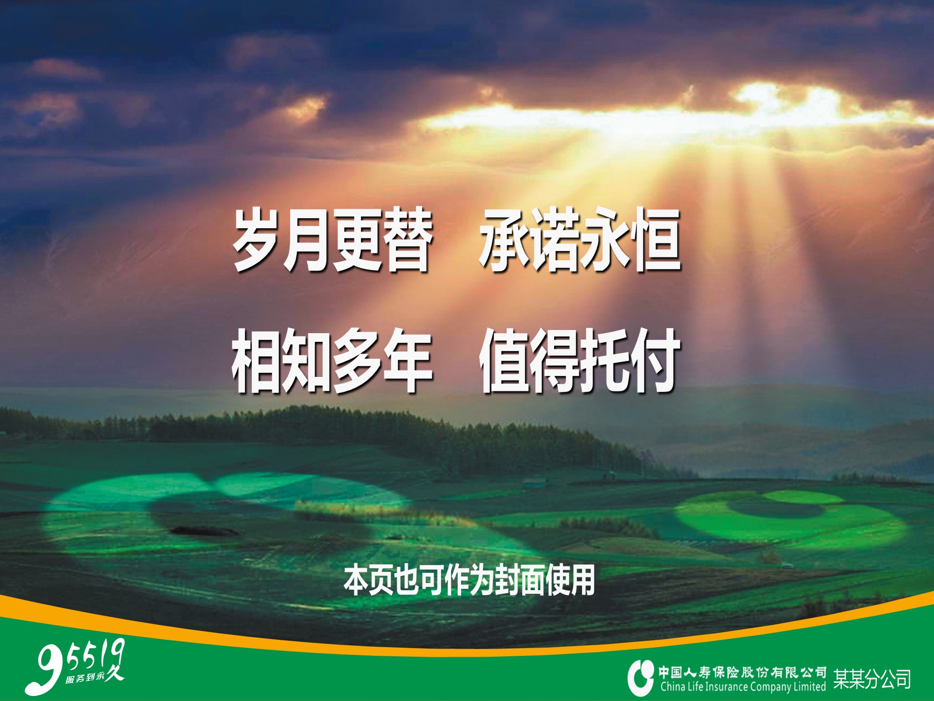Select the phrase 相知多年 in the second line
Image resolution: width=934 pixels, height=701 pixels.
pyautogui.click(x=332, y=361)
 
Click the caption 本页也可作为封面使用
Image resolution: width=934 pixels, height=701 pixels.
pyautogui.click(x=469, y=581)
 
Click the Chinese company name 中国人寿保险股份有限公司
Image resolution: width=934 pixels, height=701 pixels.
pyautogui.click(x=742, y=672)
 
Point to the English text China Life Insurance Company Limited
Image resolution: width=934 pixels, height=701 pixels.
pyautogui.click(x=743, y=687)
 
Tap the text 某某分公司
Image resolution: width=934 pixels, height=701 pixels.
pyautogui.click(x=872, y=679)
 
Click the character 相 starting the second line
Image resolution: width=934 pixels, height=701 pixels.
pyautogui.click(x=257, y=361)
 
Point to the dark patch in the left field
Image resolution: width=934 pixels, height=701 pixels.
pyautogui.click(x=205, y=531)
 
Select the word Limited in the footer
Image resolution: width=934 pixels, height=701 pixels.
pyautogui.click(x=810, y=686)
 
